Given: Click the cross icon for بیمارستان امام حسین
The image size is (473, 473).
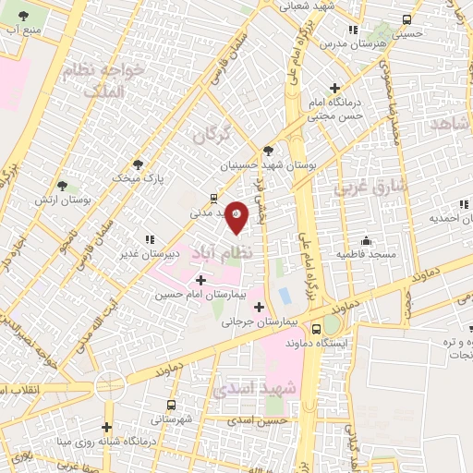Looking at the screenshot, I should click(x=200, y=280).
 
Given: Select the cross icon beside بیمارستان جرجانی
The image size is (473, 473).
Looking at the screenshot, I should click(x=259, y=308).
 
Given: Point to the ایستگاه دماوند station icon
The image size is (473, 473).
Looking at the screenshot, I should click(x=317, y=328).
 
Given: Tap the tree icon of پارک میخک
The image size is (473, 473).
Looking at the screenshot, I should click(x=138, y=164).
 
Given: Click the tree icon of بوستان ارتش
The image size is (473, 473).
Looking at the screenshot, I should click(x=62, y=186).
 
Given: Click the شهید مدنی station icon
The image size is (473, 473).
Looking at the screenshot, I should click(x=214, y=198).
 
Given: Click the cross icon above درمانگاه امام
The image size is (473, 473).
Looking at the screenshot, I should click(x=346, y=88).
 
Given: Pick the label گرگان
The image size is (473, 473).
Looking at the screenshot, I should click(x=210, y=136).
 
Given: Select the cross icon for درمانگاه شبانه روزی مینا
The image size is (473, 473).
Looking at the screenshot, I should click(x=108, y=427).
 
